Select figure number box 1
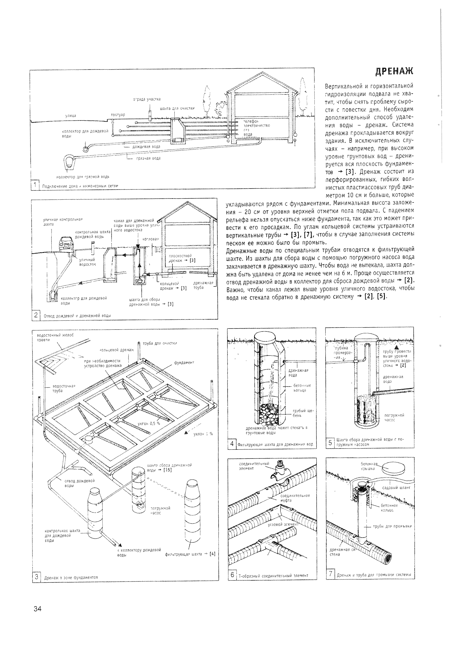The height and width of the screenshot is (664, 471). [x=35, y=185]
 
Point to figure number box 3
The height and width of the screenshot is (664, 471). [x=37, y=577]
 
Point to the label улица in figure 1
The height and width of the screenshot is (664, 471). [x=70, y=116]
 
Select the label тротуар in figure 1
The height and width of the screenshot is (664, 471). [x=118, y=115]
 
